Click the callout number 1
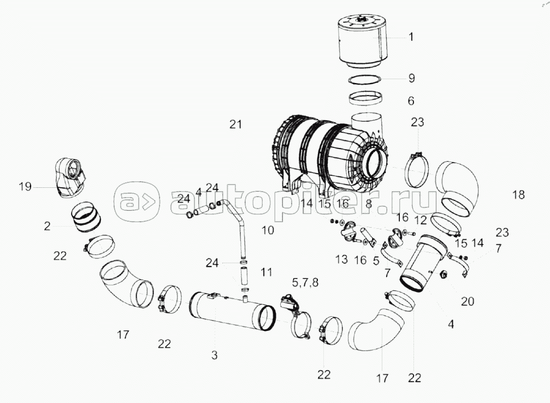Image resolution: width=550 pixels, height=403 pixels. click(411, 37)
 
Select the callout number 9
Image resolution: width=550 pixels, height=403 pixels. click(411, 78)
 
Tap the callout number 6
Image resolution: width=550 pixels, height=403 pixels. click(411, 101)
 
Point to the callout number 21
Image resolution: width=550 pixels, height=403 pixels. click(236, 124)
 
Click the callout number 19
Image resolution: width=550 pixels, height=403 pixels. click(25, 187)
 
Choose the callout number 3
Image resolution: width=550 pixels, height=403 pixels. click(214, 355)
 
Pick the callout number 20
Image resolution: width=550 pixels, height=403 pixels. click(468, 301)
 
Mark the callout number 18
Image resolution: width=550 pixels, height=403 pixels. click(518, 194)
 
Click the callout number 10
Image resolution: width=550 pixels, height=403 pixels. click(268, 230)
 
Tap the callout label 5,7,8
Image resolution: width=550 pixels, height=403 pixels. click(305, 282)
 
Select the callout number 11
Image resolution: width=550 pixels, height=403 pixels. click(267, 272)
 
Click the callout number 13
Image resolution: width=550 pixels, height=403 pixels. click(341, 259)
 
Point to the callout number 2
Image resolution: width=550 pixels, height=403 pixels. click(48, 227)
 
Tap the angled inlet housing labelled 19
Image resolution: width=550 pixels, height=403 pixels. click(70, 178)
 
